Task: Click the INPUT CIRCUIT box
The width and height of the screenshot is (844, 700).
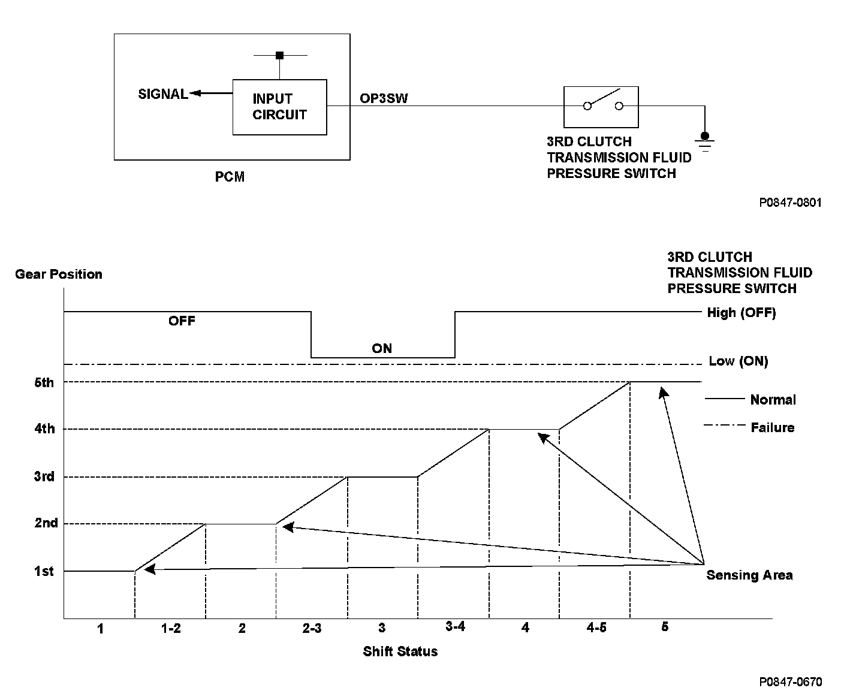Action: click(279, 107)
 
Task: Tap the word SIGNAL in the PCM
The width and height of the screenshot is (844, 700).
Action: click(162, 94)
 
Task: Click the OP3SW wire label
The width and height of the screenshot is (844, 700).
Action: click(384, 98)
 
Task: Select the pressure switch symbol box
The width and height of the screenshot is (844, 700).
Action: click(601, 107)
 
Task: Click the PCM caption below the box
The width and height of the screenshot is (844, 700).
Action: click(230, 177)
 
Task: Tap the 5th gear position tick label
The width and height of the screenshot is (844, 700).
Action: click(44, 382)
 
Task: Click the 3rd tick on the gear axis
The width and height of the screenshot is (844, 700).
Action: click(44, 477)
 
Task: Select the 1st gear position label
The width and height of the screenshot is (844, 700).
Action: click(44, 572)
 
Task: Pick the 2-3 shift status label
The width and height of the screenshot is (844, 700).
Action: click(312, 628)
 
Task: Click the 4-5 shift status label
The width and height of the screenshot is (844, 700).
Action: click(595, 628)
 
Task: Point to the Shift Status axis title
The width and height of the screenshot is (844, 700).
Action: click(400, 651)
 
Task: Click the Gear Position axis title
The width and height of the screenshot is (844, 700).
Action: click(59, 274)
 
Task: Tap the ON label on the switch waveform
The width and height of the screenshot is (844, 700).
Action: click(382, 348)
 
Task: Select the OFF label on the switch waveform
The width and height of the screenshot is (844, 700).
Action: click(182, 321)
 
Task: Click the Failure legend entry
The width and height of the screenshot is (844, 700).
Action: click(772, 428)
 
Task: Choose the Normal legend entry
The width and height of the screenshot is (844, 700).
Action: click(773, 400)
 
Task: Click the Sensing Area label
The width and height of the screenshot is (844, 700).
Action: click(749, 575)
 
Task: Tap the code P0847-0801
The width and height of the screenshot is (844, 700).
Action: click(790, 203)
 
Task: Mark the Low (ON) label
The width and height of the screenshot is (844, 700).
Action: click(738, 361)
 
